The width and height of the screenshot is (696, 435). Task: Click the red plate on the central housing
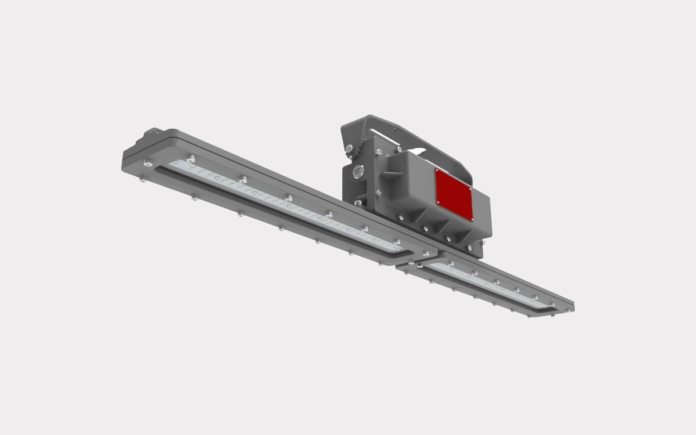454,195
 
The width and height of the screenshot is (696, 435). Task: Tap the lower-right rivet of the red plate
470,219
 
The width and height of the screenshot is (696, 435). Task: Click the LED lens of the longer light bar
284,206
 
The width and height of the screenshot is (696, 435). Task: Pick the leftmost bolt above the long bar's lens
191,158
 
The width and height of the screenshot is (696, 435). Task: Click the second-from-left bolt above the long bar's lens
243,179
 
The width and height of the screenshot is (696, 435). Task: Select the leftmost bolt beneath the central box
400,217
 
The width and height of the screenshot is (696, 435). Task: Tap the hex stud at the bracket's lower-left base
358,202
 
